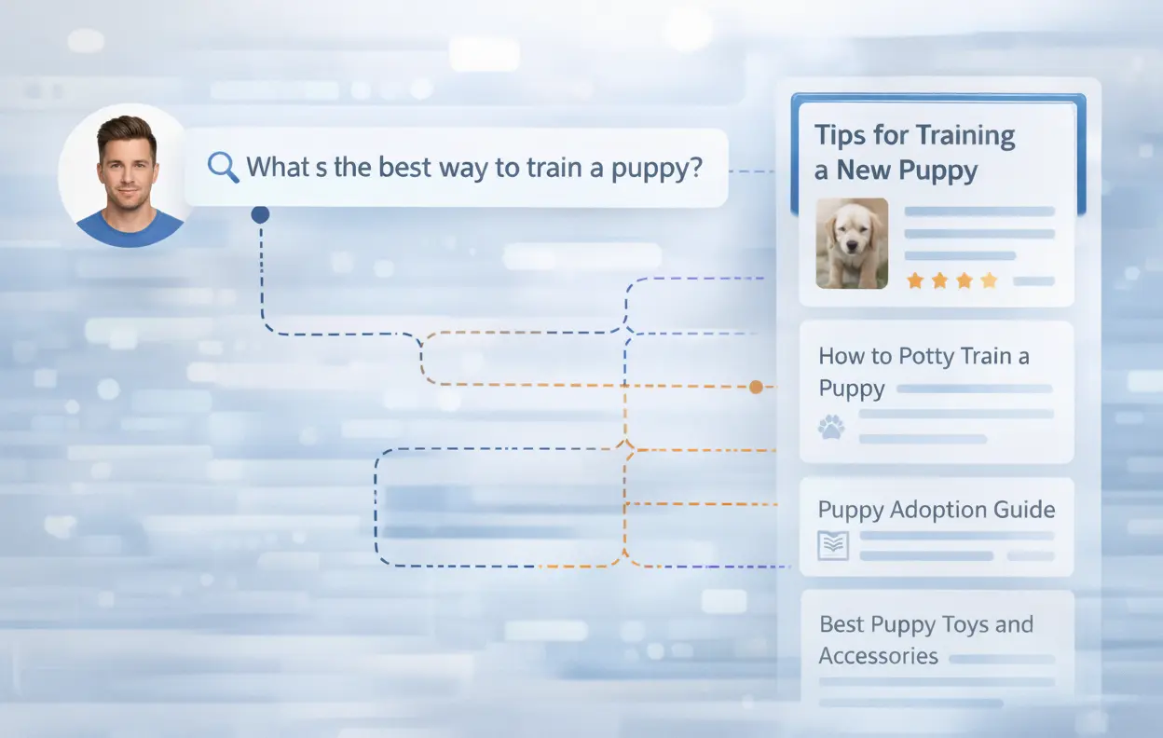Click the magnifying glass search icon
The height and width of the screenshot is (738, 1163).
coord(222,167)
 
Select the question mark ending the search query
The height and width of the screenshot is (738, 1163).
coord(693,168)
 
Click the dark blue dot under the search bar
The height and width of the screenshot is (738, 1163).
coord(260,215)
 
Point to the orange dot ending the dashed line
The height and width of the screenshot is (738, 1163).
coord(756,386)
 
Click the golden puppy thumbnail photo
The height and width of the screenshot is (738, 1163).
coord(852,242)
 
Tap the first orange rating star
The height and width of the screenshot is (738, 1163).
coord(915,280)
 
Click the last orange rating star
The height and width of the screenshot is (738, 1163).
coord(989,280)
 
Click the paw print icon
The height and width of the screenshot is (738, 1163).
coord(830,428)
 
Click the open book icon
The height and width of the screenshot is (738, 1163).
coord(831,546)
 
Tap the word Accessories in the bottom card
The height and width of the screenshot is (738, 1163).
coord(878,656)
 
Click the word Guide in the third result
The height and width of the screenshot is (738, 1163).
coord(1023,510)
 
